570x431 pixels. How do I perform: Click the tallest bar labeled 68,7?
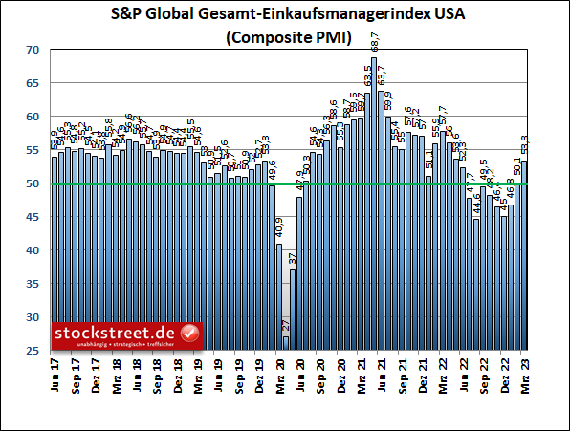click(374, 205)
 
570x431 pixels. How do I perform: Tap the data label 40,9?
click(279, 228)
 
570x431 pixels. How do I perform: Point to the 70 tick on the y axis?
click(34, 50)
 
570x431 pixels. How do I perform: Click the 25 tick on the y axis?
click(34, 351)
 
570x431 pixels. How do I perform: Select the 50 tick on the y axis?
click(34, 183)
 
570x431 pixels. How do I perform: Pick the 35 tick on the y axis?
click(34, 284)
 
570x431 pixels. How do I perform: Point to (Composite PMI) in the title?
click(285, 38)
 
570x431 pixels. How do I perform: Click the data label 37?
click(293, 258)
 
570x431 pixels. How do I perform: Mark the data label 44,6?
click(476, 204)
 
